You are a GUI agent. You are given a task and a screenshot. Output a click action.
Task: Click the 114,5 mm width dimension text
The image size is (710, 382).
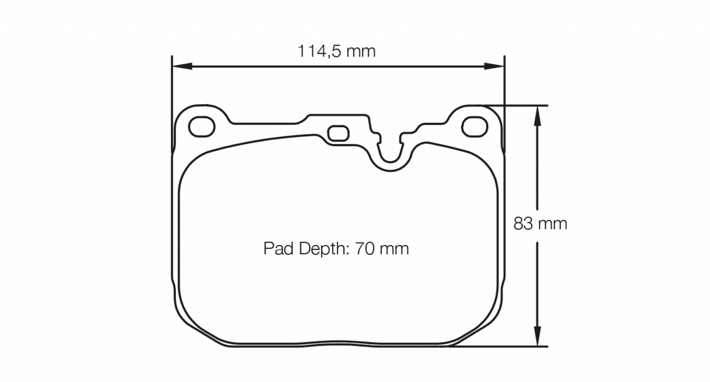[x=336, y=51]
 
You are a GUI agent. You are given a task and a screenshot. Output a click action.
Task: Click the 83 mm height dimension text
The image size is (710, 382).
[x=540, y=224]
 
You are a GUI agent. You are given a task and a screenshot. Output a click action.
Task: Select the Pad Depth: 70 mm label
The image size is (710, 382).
[x=336, y=248]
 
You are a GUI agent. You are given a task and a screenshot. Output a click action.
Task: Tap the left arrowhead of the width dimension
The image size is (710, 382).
[x=182, y=66]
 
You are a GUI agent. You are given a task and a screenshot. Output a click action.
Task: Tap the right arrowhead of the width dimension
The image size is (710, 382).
[x=494, y=66]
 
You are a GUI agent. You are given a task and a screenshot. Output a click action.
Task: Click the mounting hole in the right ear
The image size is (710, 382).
[x=475, y=126]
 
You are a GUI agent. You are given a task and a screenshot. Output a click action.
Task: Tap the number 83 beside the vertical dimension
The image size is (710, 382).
[x=523, y=224]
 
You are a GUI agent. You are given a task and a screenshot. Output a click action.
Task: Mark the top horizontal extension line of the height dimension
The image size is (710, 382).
[x=521, y=105]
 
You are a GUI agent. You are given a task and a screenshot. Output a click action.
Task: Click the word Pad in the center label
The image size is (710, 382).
[x=276, y=248]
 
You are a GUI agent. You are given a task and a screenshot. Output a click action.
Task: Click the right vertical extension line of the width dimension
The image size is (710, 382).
[x=504, y=83]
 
